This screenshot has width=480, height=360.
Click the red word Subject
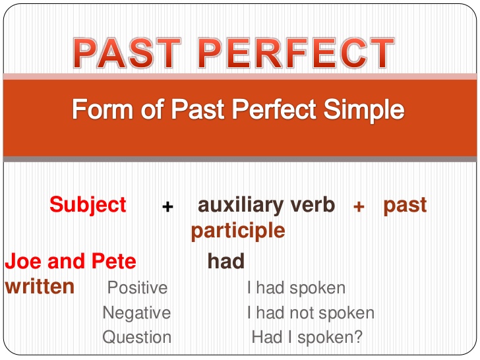click(x=88, y=204)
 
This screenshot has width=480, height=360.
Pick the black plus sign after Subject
click(x=167, y=206)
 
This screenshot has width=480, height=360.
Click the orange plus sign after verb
click(x=359, y=206)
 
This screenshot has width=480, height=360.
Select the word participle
click(x=238, y=231)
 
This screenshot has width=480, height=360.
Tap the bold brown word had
click(x=226, y=262)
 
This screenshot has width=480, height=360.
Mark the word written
click(x=40, y=287)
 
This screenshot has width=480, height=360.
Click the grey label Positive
click(x=137, y=288)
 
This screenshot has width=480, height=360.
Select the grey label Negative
click(x=136, y=313)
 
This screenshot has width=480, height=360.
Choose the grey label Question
click(x=136, y=337)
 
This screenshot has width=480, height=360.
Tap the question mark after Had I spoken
click(x=358, y=337)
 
